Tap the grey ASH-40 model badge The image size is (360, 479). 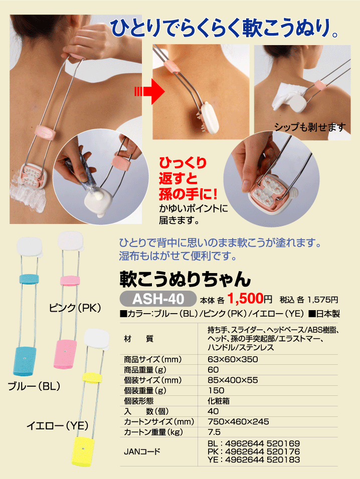pyautogui.click(x=158, y=299)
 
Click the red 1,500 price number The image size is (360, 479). pyautogui.click(x=245, y=299)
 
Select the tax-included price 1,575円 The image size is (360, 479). pyautogui.click(x=322, y=300)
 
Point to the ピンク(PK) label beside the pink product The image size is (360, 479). pyautogui.click(x=75, y=307)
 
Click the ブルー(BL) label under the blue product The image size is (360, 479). pyautogui.click(x=34, y=386)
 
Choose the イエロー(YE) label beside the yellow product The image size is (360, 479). pyautogui.click(x=57, y=425)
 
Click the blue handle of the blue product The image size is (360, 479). pyautogui.click(x=25, y=361)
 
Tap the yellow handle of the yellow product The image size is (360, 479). pyautogui.click(x=83, y=451)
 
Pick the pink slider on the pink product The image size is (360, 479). pyautogui.click(x=70, y=281)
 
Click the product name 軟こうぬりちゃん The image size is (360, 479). pyautogui.click(x=185, y=279)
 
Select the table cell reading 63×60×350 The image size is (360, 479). pyautogui.click(x=233, y=359)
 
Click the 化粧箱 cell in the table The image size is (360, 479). pyautogui.click(x=219, y=401)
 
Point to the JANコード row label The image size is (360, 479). pyautogui.click(x=142, y=451)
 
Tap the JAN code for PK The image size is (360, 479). pyautogui.click(x=254, y=451)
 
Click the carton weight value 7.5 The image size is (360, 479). pyautogui.click(x=214, y=432)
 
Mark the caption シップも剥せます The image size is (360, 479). pyautogui.click(x=310, y=127)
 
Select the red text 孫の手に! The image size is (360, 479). pyautogui.click(x=188, y=194)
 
